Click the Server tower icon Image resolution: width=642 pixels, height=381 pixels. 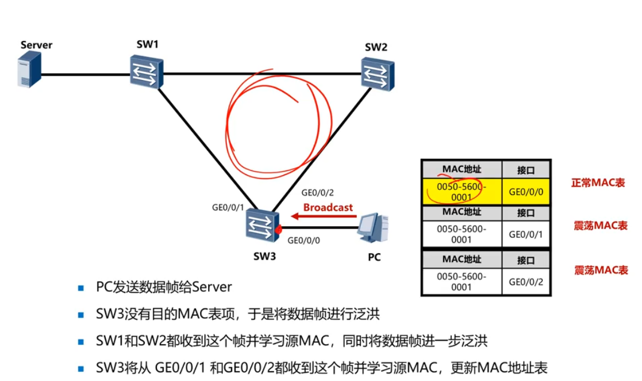pyautogui.click(x=29, y=69)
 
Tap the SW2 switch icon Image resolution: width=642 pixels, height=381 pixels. pyautogui.click(x=378, y=74)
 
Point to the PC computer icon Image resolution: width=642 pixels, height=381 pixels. pyautogui.click(x=373, y=231)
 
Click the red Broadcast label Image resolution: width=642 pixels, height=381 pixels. pyautogui.click(x=328, y=207)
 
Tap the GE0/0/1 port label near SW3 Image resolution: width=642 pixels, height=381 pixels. pyautogui.click(x=229, y=208)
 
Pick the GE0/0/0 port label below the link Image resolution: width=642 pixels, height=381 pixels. pyautogui.click(x=304, y=240)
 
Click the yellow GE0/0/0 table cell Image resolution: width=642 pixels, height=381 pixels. pyautogui.click(x=526, y=192)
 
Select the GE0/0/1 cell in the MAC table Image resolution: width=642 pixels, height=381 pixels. pyautogui.click(x=526, y=234)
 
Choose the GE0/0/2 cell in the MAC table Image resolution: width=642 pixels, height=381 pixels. pyautogui.click(x=526, y=281)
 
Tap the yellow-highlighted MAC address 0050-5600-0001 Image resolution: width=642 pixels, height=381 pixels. pyautogui.click(x=462, y=192)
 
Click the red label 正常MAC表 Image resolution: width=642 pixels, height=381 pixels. pyautogui.click(x=598, y=182)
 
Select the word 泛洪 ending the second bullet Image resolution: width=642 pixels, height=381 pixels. pyautogui.click(x=368, y=314)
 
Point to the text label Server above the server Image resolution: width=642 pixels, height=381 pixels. pyautogui.click(x=36, y=45)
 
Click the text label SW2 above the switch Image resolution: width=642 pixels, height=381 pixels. pyautogui.click(x=376, y=47)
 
